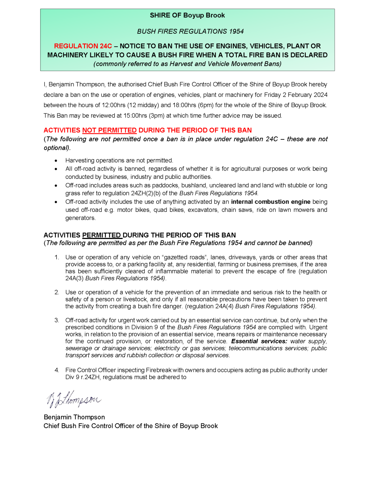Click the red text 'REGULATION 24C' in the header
(83, 46)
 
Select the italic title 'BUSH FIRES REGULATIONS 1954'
(190, 32)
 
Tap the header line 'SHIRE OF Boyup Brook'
(187, 15)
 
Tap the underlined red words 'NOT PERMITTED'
(109, 130)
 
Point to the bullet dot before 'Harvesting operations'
(56, 161)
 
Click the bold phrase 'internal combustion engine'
(270, 202)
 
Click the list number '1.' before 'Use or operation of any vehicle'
(57, 257)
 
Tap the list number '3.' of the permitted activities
(57, 320)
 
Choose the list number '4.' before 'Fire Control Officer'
(57, 370)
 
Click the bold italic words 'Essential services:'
(259, 341)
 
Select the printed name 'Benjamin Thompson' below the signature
(74, 417)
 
